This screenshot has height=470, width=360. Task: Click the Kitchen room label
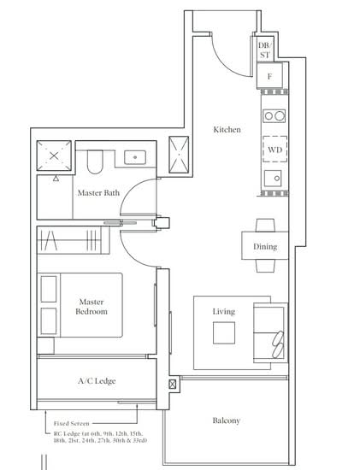(227, 130)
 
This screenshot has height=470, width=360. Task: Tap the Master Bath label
(98, 193)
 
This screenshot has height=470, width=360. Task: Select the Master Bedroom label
(91, 307)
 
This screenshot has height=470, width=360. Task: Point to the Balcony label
(227, 420)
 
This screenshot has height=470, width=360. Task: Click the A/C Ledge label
(97, 381)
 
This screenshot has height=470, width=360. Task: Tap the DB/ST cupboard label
(264, 50)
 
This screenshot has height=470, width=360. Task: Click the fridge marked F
(269, 76)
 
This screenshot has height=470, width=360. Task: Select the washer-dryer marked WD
(274, 150)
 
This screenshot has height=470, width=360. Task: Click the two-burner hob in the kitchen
(274, 115)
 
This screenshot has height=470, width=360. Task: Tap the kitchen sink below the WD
(273, 179)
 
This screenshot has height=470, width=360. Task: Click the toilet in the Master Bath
(95, 162)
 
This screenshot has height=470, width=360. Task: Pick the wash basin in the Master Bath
(135, 157)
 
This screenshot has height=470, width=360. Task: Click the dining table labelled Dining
(265, 245)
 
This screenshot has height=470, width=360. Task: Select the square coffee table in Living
(224, 332)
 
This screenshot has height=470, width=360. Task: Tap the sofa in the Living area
(270, 332)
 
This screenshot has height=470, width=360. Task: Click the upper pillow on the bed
(49, 289)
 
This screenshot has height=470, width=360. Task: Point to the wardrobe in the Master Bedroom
(73, 240)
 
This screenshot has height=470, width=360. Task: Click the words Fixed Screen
(71, 424)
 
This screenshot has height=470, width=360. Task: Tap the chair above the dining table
(265, 226)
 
